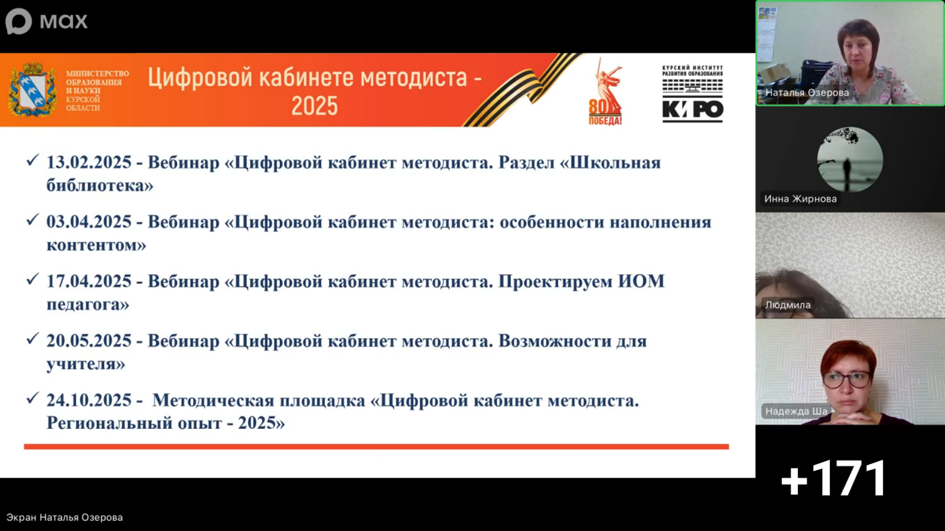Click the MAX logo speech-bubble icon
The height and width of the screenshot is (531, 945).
pos(18,21)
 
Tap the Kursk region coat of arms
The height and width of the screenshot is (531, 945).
pos(32,89)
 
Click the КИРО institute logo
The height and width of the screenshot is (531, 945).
pos(693,94)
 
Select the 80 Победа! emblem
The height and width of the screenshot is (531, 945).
pos(605,92)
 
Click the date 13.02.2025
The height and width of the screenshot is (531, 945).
pos(89,163)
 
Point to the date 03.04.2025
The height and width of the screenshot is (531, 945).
pos(89,222)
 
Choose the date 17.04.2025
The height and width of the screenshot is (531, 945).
pos(89,281)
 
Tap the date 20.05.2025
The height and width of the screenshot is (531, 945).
pos(89,341)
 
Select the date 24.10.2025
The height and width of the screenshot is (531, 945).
pos(89,401)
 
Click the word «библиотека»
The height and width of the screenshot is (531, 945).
pos(100,185)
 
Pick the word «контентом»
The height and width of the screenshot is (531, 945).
pos(97,245)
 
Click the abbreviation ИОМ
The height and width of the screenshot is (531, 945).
pos(641,281)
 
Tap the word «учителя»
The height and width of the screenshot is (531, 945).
pos(86,363)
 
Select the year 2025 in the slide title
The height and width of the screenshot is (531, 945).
pos(315,106)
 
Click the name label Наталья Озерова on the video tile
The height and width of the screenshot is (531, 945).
pos(807,93)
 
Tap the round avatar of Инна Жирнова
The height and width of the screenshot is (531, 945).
pos(850,160)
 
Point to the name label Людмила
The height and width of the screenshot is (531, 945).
pos(788,304)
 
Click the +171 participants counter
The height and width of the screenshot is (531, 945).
pos(833,478)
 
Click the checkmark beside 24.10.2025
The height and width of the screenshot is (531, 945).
pos(32,398)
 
